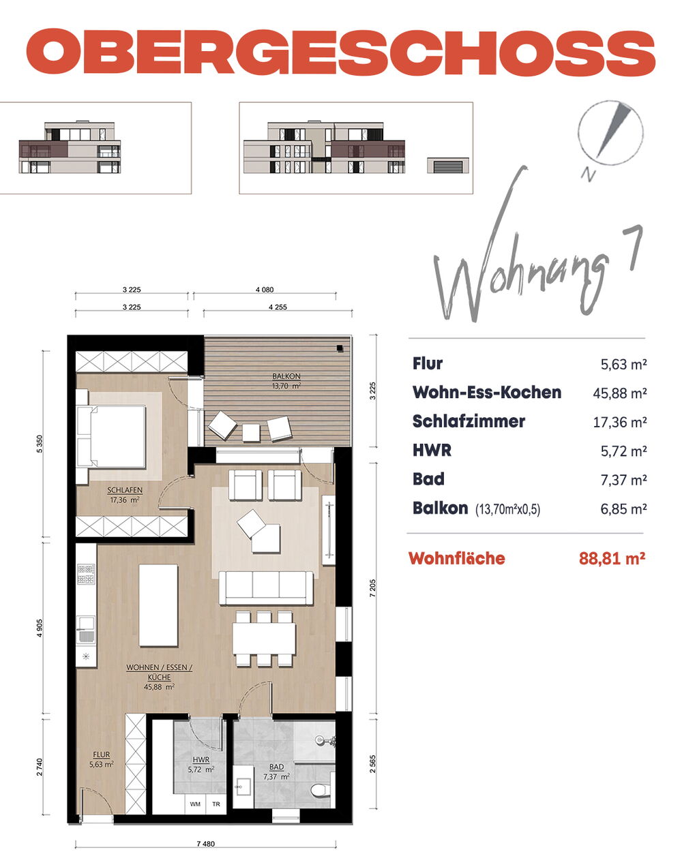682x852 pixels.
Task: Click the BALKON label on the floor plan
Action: tap(286, 376)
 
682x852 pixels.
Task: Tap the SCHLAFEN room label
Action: tap(124, 490)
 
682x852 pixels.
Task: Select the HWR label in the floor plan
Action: tap(201, 767)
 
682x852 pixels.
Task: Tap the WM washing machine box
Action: tap(195, 804)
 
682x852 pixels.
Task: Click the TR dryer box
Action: tap(216, 804)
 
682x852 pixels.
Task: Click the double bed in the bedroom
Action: tap(113, 436)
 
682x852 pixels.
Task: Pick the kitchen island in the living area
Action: tap(158, 606)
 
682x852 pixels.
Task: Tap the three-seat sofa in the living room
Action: tap(266, 588)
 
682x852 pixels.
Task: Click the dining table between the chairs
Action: tap(264, 639)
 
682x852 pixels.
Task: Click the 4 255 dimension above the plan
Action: tap(278, 307)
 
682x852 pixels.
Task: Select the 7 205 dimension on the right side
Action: tap(372, 589)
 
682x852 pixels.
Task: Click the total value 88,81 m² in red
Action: tap(612, 558)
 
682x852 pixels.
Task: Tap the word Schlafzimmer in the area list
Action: tap(469, 421)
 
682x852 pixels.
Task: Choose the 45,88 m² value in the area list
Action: tap(620, 393)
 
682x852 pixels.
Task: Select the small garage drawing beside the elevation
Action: tap(448, 166)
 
